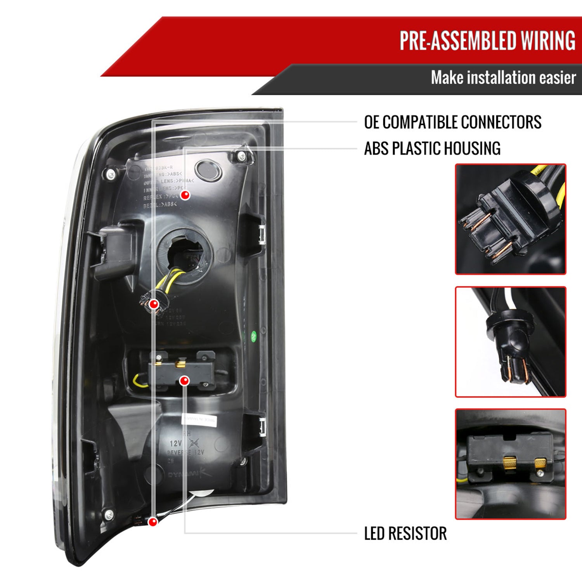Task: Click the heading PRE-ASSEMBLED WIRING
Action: tap(487, 40)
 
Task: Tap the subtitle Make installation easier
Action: tap(503, 78)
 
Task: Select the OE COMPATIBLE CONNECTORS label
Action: tap(452, 122)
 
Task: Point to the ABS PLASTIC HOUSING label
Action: tap(432, 149)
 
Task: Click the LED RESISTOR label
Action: tap(405, 533)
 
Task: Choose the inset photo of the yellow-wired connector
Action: tap(510, 219)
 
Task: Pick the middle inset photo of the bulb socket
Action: tap(510, 342)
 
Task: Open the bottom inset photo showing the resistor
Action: tap(510, 464)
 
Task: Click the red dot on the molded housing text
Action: tap(185, 195)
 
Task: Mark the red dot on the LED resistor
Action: tap(185, 381)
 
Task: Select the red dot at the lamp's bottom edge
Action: tap(153, 522)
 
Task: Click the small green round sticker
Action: tap(254, 336)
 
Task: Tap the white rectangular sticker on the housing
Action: tap(199, 421)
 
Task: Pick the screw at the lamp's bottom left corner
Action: tap(109, 515)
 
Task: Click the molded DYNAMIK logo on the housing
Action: tap(189, 474)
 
